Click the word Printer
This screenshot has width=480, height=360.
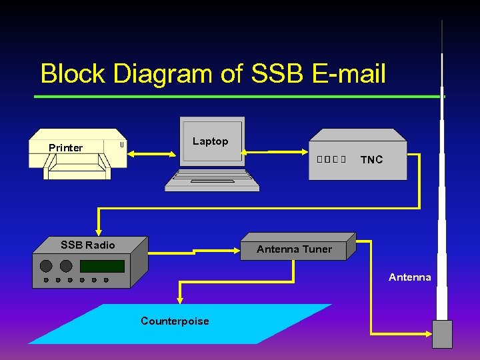[x=65, y=147]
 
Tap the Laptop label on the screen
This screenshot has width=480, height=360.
[x=210, y=141]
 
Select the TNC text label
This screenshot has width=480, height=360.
[x=371, y=159]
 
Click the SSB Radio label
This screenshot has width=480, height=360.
[x=87, y=245]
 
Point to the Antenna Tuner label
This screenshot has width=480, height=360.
[x=294, y=249]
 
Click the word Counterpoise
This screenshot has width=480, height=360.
[x=175, y=321]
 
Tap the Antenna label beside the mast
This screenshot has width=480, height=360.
[x=409, y=277]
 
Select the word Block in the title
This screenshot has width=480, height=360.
[x=73, y=73]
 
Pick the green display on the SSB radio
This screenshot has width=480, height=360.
[x=102, y=266]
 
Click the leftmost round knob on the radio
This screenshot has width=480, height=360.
[x=46, y=266]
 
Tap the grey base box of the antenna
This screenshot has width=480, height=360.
[x=442, y=333]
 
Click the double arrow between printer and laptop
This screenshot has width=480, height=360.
[x=154, y=153]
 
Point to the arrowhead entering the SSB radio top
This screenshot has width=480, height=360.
[x=98, y=231]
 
